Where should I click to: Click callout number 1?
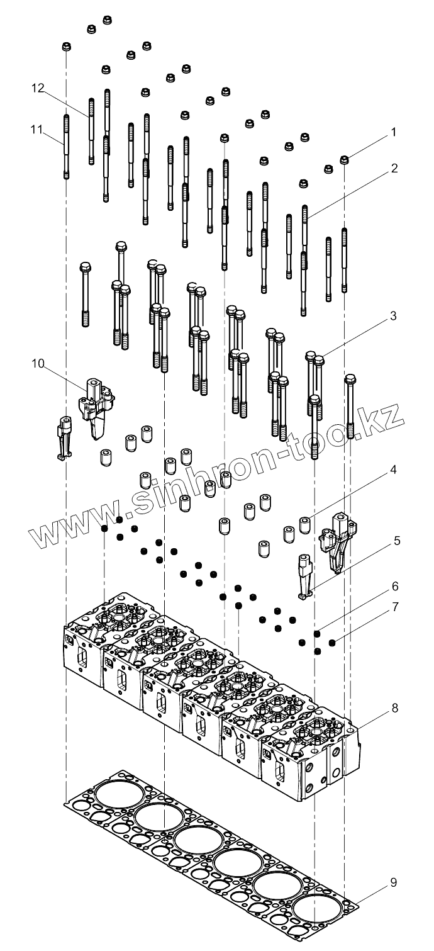394,132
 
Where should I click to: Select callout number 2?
394,169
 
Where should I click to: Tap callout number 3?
394,317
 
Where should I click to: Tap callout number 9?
394,882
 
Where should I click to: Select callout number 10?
38,363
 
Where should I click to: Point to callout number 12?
38,89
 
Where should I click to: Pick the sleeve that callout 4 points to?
306,524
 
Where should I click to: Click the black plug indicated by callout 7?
332,643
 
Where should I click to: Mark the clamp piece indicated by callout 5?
306,577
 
